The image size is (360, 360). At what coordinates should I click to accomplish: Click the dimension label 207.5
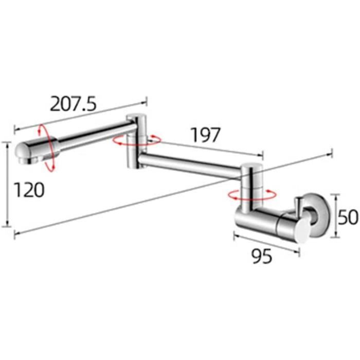click(x=73, y=104)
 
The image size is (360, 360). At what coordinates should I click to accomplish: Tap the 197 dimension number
click(x=206, y=136)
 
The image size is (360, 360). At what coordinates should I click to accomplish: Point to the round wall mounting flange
click(x=315, y=216)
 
